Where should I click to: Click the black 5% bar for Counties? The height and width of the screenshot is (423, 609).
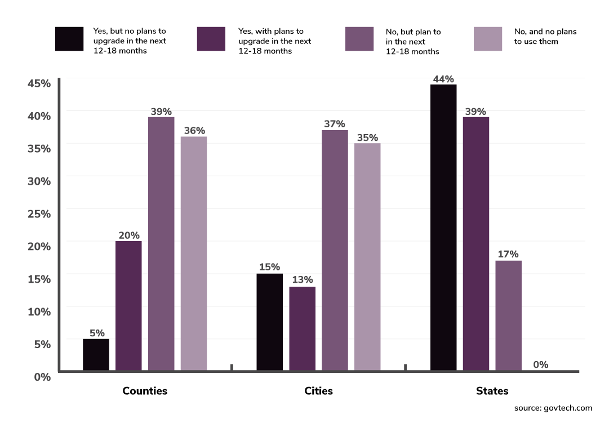click(96, 355)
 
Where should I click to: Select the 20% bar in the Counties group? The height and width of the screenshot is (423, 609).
click(128, 306)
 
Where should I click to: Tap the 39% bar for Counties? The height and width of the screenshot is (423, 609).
click(161, 244)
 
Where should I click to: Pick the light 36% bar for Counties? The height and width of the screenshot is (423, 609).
click(194, 253)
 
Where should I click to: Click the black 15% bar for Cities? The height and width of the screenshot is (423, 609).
click(269, 322)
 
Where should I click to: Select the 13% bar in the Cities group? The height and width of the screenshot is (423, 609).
click(302, 329)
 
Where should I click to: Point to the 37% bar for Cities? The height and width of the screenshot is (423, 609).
click(335, 251)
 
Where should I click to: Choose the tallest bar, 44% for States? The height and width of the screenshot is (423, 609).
click(443, 228)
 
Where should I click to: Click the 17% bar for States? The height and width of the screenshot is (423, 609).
click(509, 315)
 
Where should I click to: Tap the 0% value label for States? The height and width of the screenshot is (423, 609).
click(541, 365)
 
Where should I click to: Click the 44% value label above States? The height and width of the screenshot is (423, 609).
click(443, 79)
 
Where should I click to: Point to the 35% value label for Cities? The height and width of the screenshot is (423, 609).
click(367, 138)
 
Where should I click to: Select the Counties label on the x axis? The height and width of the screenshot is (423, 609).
click(145, 391)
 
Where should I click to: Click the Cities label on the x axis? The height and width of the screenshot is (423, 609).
click(318, 391)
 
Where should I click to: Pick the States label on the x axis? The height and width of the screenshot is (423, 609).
click(492, 391)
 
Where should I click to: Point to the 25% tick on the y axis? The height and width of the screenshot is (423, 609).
click(39, 214)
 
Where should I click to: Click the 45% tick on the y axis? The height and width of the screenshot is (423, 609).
click(39, 83)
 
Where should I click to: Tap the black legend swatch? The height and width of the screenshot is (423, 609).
click(69, 39)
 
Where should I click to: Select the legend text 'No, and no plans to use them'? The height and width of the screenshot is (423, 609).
click(545, 37)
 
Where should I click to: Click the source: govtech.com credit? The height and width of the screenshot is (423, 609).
click(553, 408)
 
